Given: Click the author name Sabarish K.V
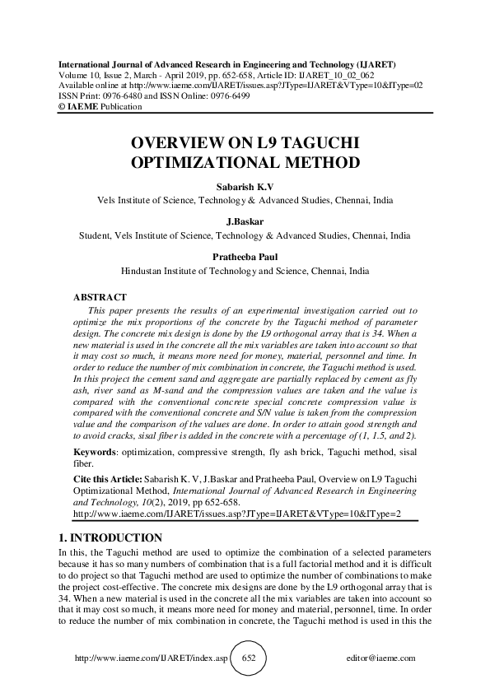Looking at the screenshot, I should pyautogui.click(x=245, y=187).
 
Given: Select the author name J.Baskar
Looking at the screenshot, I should pyautogui.click(x=245, y=222).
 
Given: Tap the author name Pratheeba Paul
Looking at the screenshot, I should pyautogui.click(x=245, y=257).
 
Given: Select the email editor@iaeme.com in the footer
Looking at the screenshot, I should pyautogui.click(x=382, y=659).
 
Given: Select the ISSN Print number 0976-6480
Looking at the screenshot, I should pyautogui.click(x=115, y=95).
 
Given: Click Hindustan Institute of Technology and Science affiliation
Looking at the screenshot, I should pyautogui.click(x=245, y=269).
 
